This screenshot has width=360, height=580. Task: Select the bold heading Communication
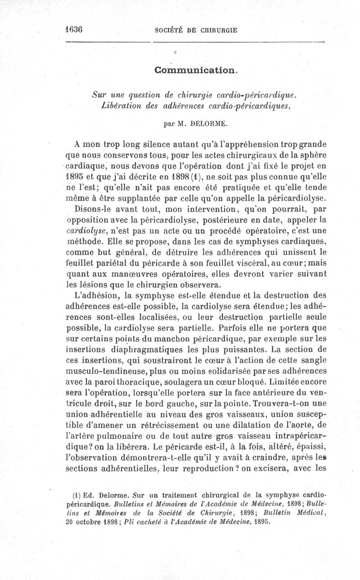click(x=195, y=70)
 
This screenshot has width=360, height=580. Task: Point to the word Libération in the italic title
click(x=120, y=105)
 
